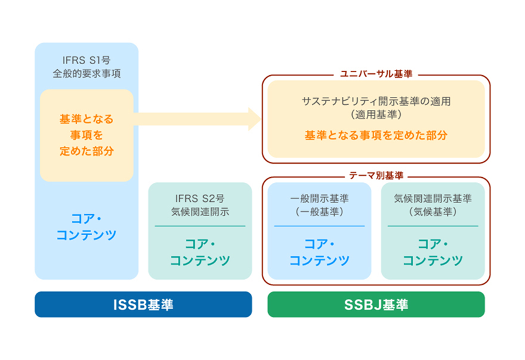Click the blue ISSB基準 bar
click(143, 305)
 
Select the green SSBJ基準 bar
click(376, 305)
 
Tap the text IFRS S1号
click(86, 60)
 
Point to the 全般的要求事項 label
click(86, 73)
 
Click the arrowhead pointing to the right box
click(254, 119)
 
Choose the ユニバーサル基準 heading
click(376, 74)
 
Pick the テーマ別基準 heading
click(376, 175)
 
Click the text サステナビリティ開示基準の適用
click(376, 101)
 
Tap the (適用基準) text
click(376, 114)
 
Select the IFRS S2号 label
click(199, 199)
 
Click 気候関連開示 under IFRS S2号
click(199, 212)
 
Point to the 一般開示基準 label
click(319, 199)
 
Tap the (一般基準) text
click(319, 212)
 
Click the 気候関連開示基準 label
click(432, 199)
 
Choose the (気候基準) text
click(432, 212)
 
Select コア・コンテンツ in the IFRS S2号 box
click(199, 252)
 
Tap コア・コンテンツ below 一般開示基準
click(319, 252)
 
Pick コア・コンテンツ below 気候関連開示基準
click(432, 252)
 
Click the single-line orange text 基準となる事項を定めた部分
click(376, 135)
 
